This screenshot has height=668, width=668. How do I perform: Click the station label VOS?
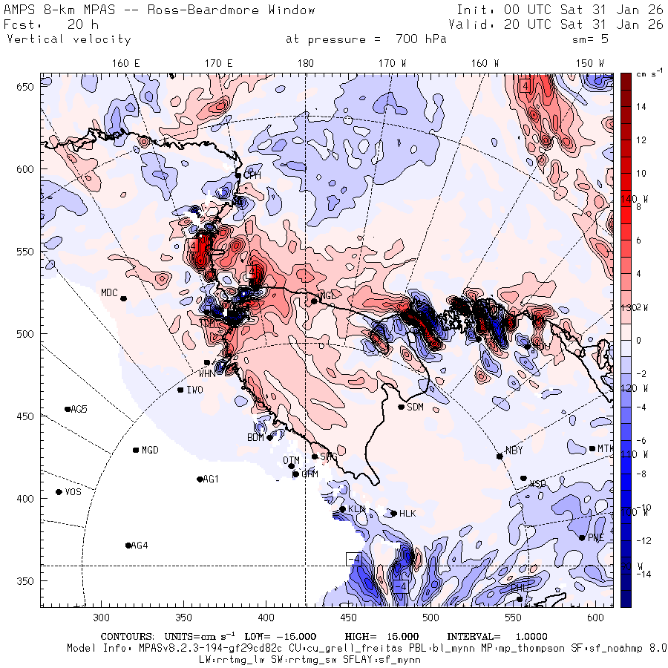73,492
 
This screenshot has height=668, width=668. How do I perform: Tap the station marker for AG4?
128,546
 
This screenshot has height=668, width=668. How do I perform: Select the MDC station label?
110,292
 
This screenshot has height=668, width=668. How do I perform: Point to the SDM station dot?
402,407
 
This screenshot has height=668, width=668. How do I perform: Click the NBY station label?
514,451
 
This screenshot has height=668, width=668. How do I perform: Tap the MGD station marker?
136,450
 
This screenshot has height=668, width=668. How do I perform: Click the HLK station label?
407,514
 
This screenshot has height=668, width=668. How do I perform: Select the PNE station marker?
582,538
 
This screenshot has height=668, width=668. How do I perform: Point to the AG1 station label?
211,479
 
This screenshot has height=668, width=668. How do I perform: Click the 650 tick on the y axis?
27,88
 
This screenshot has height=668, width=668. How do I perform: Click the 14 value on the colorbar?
641,107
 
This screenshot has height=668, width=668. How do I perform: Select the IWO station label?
195,390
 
